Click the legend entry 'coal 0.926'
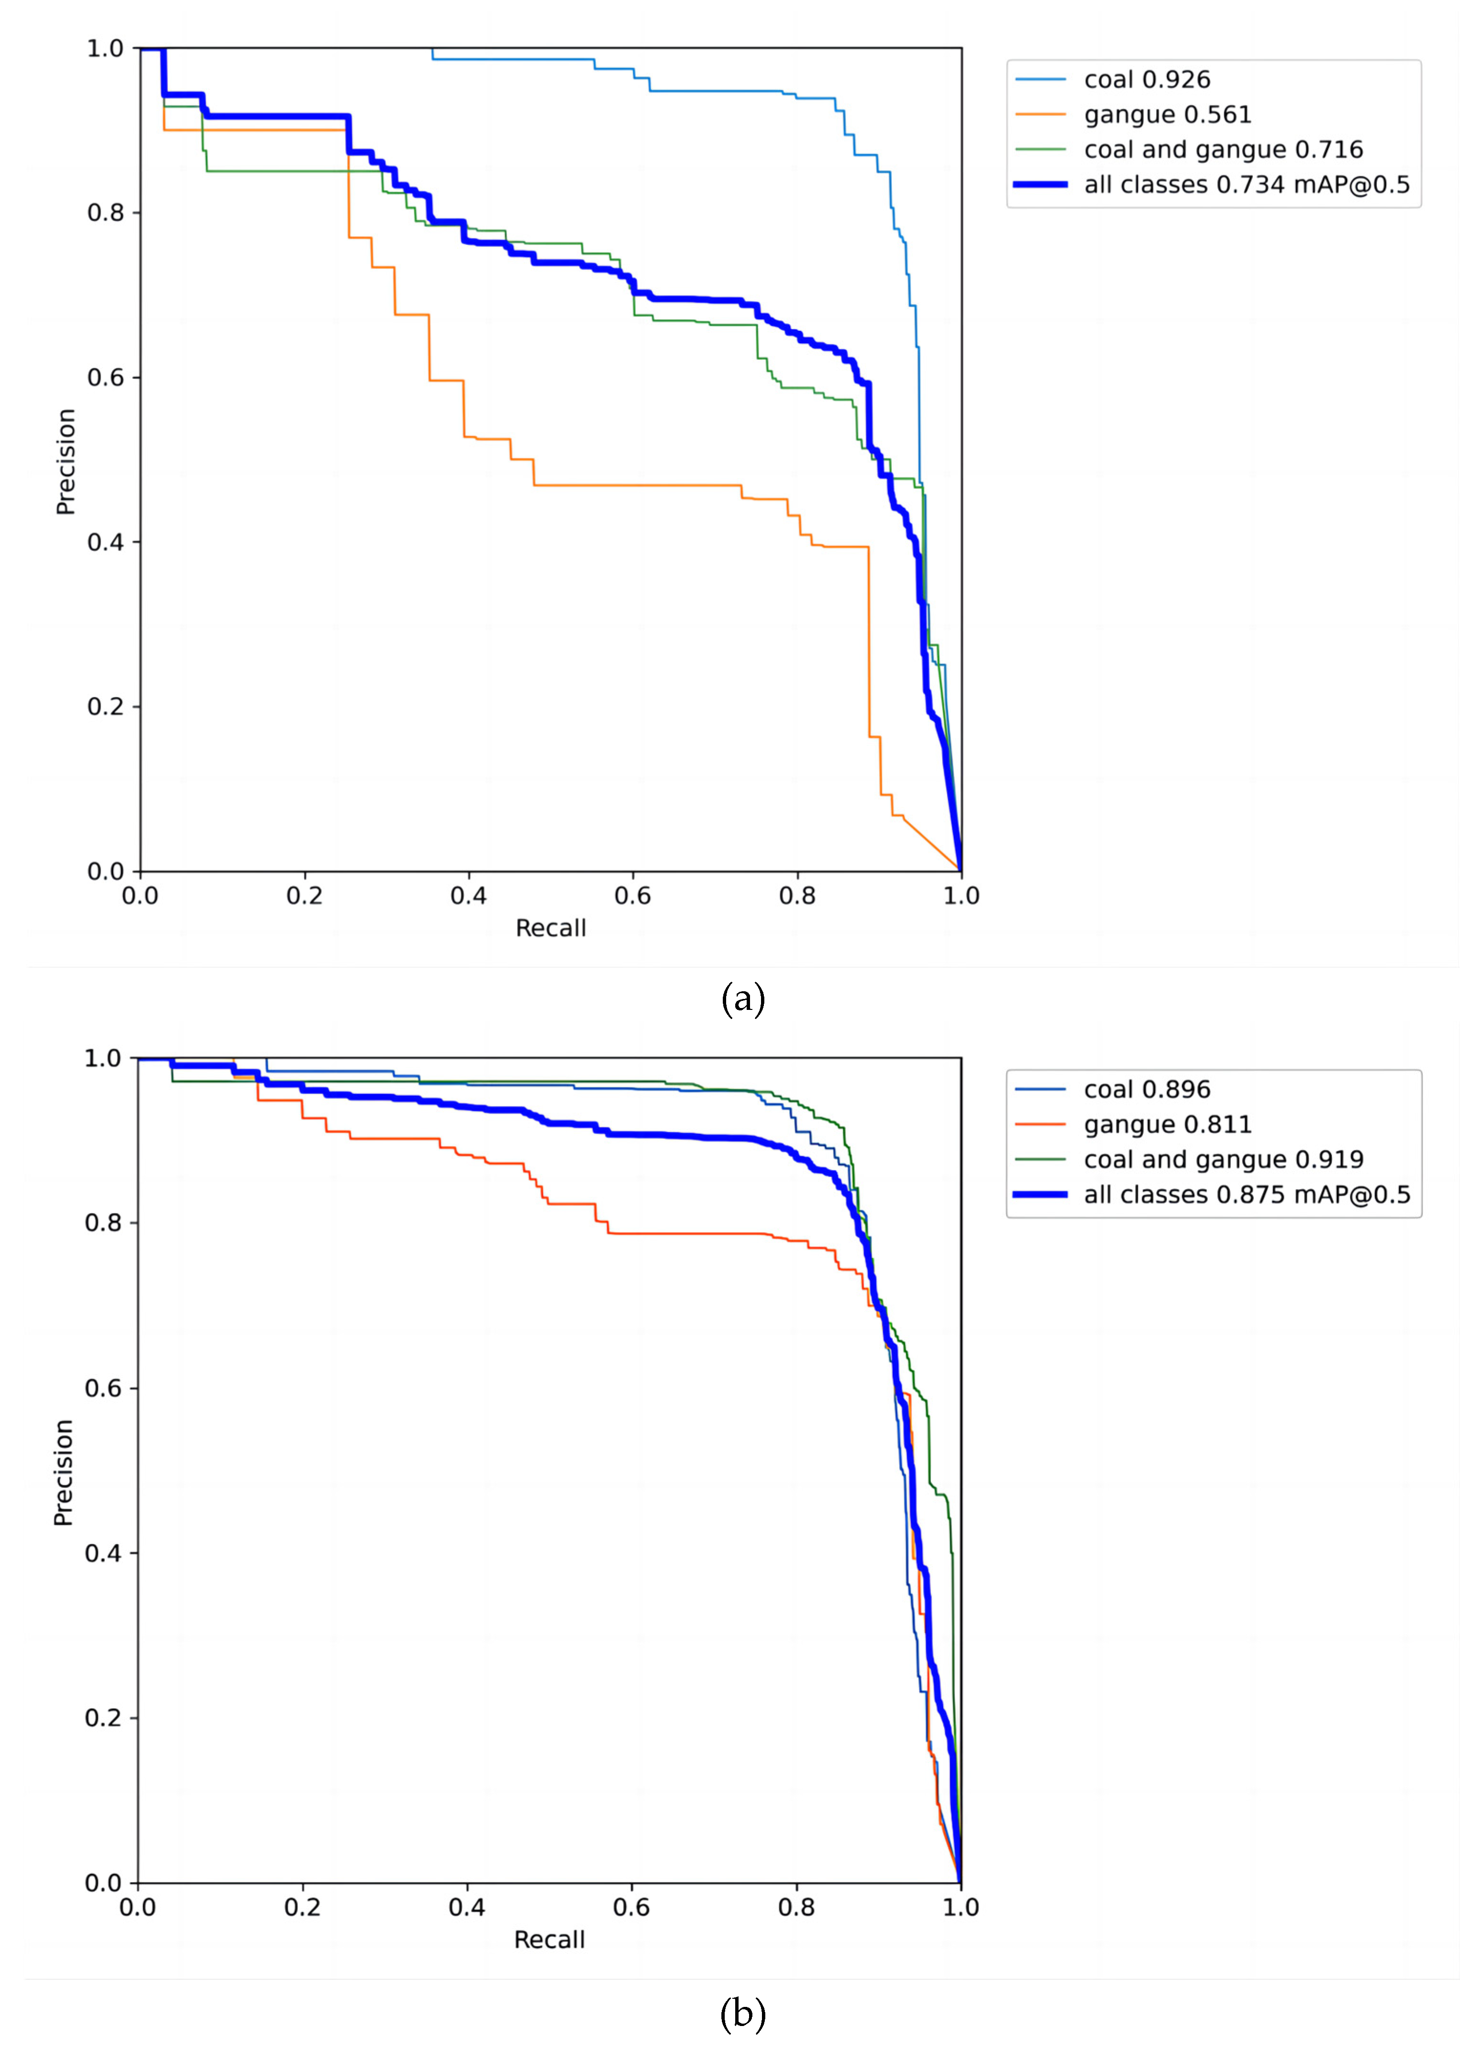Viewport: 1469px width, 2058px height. (1146, 80)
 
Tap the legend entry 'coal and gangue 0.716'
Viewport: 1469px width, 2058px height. (1223, 149)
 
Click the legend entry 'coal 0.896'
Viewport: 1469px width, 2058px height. (1146, 1089)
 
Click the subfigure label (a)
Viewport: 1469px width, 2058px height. (743, 999)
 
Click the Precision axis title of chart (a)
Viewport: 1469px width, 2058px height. (65, 461)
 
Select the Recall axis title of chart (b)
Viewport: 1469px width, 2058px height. (549, 1940)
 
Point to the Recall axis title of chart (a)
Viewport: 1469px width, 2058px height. (550, 928)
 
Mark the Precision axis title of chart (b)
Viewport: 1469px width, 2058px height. (63, 1472)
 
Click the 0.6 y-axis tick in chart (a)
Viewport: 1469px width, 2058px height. (105, 377)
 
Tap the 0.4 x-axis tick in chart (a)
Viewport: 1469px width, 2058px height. (468, 896)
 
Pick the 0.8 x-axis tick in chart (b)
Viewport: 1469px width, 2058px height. (796, 1907)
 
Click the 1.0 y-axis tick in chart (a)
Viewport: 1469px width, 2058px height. (105, 48)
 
